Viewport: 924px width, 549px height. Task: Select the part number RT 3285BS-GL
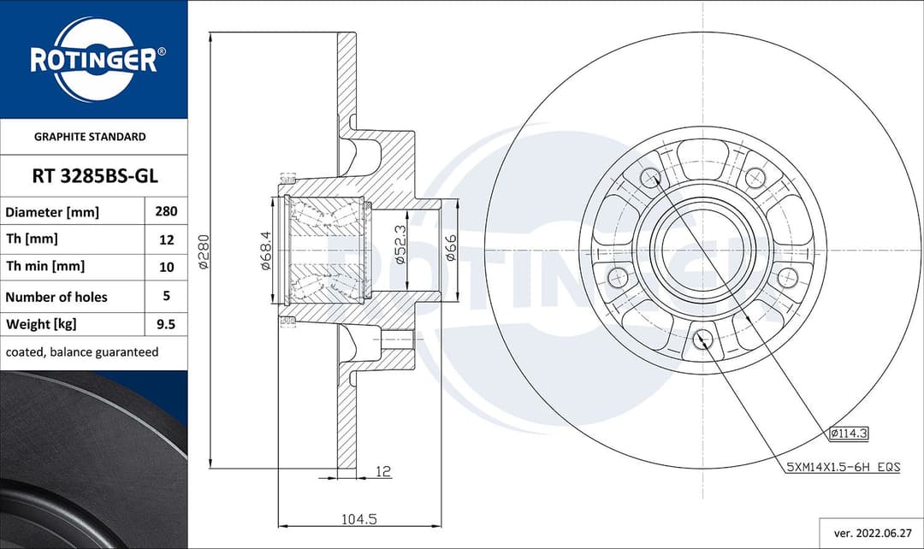(x=95, y=175)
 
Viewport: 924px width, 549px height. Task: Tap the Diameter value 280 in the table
(x=166, y=211)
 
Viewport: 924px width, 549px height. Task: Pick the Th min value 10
(x=167, y=267)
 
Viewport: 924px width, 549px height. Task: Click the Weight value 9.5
(x=166, y=324)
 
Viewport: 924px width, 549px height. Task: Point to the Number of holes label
(x=56, y=297)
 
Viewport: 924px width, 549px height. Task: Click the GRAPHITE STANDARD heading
(x=90, y=137)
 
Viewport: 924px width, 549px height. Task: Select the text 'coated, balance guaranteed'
(x=82, y=352)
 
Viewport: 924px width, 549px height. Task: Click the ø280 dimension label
(x=204, y=251)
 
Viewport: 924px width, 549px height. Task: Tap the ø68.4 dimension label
(x=266, y=251)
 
